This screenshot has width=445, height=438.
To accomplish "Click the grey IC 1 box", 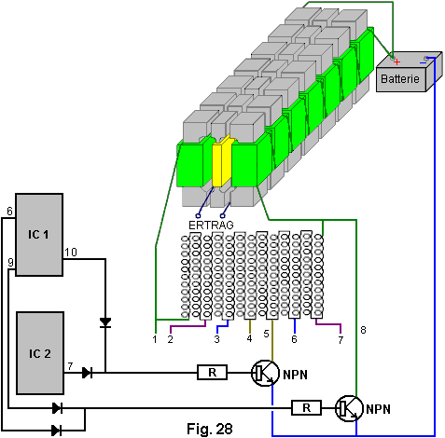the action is (x=39, y=235).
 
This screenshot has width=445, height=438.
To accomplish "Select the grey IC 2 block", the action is (x=40, y=353).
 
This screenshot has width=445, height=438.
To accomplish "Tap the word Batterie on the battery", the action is (x=400, y=78).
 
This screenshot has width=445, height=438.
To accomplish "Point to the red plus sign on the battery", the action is (x=396, y=62).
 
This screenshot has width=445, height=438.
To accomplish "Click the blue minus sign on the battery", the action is (x=423, y=63).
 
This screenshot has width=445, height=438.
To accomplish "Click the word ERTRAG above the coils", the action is (x=211, y=225).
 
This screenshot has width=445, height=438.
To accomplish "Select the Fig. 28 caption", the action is (x=210, y=429).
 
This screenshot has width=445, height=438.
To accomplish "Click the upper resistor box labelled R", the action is (x=212, y=372).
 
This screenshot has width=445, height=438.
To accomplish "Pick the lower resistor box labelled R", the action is (x=306, y=408).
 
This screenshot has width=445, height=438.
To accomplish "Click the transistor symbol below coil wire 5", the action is (x=265, y=373).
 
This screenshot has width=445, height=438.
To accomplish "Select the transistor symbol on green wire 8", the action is (x=349, y=408).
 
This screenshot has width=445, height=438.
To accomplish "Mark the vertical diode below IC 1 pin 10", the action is (x=105, y=322).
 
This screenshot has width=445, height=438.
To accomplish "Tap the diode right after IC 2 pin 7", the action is (x=88, y=373).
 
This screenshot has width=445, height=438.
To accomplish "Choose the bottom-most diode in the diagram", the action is (x=57, y=431).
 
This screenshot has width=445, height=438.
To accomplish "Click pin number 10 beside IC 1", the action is (x=71, y=253).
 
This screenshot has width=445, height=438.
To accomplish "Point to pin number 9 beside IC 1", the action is (x=11, y=263).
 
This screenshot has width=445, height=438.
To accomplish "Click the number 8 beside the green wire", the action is (x=363, y=330).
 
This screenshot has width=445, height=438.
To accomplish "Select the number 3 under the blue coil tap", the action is (x=216, y=339).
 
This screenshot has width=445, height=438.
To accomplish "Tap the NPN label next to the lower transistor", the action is (x=378, y=409).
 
